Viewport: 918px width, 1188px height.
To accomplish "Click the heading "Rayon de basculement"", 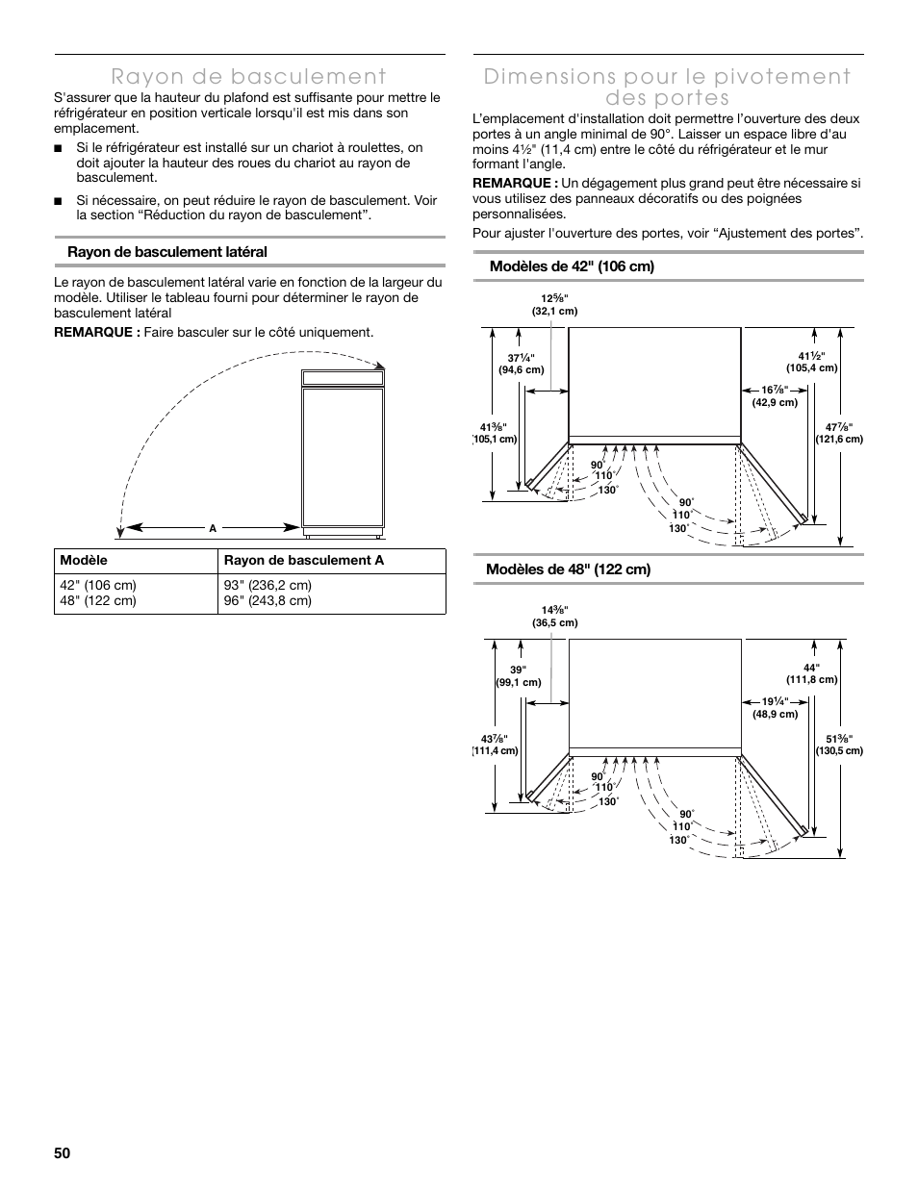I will (x=249, y=76).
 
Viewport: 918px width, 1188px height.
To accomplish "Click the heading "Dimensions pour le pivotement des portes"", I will (x=668, y=87).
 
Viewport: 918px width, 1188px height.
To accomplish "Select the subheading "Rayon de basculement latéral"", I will (x=166, y=252).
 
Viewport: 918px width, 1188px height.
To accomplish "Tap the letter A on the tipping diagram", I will (x=213, y=528).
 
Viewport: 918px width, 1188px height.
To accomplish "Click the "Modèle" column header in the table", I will (x=84, y=561).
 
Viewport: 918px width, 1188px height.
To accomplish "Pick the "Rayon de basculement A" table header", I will (x=303, y=561).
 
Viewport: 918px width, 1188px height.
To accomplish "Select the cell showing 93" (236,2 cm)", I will (x=268, y=586).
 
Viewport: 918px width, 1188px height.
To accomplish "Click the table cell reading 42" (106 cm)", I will (x=98, y=586).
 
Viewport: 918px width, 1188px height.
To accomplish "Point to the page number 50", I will (x=64, y=1153).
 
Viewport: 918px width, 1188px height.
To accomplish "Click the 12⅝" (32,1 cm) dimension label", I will (x=554, y=305).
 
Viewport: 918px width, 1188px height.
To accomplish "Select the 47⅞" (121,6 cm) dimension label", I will (x=839, y=433).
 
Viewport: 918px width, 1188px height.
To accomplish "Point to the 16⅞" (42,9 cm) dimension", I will (x=775, y=395).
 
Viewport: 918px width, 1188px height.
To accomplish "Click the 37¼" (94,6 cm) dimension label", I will (x=521, y=364).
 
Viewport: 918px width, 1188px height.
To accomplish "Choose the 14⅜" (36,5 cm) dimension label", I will (x=554, y=617).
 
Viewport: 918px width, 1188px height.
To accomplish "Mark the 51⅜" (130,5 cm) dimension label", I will (x=839, y=745).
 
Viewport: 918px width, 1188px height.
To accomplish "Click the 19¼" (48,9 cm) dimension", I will (x=775, y=707).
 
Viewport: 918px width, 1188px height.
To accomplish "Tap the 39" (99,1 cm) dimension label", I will (x=520, y=676).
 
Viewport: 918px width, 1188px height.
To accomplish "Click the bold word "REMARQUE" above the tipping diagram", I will (x=94, y=333).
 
